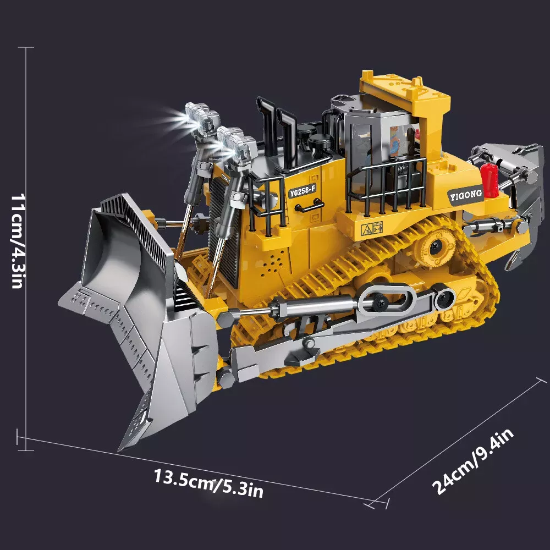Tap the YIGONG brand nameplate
coord(466,195)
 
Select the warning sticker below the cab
coord(372,228)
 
